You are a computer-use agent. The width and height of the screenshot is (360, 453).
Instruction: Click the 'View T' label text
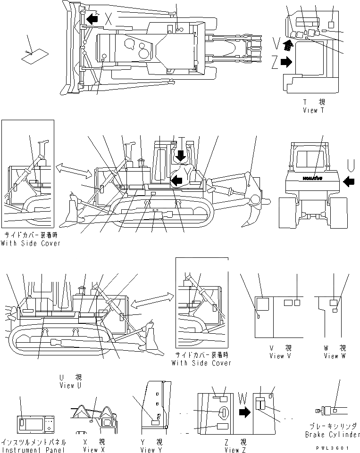point(314,110)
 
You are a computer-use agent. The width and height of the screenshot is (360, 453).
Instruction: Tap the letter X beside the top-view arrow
point(108,19)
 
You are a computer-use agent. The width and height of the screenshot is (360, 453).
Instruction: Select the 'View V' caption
point(280,356)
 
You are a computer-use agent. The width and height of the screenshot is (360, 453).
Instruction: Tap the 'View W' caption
point(334,356)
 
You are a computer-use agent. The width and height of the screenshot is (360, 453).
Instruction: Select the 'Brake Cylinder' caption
point(332,434)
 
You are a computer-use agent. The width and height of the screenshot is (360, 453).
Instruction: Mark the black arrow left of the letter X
point(92,18)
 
